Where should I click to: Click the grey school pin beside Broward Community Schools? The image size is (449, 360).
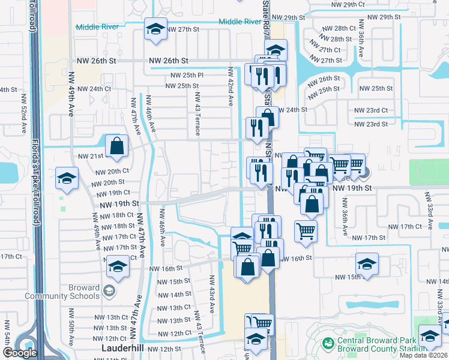pyautogui.click(x=109, y=291)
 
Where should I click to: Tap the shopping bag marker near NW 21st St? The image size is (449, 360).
pyautogui.click(x=116, y=146)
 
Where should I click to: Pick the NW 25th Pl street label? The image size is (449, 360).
pyautogui.click(x=187, y=75)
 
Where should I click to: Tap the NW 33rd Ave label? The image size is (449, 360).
pyautogui.click(x=430, y=209)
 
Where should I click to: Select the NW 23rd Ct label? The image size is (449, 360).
pyautogui.click(x=370, y=110)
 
